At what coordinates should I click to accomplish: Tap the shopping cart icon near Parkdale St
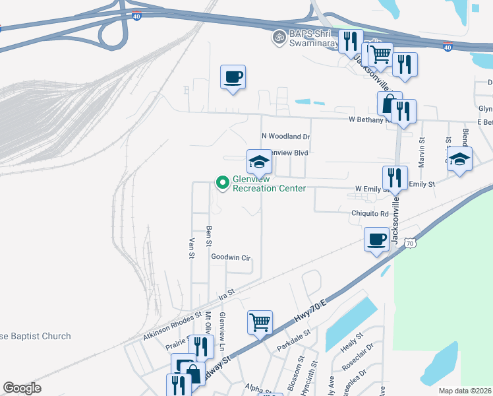(x=260, y=323)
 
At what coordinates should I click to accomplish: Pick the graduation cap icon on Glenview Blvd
(x=260, y=162)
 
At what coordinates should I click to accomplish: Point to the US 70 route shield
(x=409, y=244)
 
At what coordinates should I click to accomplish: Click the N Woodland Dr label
(x=285, y=137)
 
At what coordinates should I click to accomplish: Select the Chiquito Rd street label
(x=370, y=214)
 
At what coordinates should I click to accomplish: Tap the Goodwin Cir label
(x=231, y=257)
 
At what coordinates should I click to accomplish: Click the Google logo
(x=22, y=388)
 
